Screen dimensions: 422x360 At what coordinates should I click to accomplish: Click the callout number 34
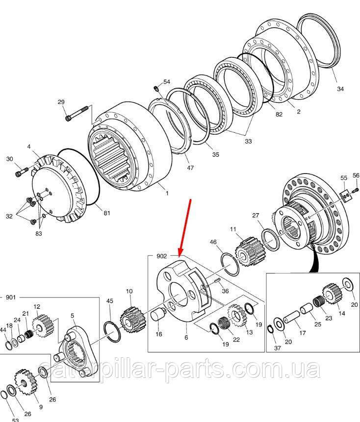click(x=340, y=89)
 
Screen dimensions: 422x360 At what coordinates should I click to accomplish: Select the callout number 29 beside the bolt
click(x=61, y=102)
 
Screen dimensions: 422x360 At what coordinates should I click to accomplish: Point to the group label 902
click(x=162, y=256)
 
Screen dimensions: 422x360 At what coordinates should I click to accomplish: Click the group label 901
click(x=11, y=297)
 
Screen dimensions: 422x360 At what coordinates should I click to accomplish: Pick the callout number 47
click(x=190, y=168)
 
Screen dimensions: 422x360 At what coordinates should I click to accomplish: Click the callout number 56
click(x=356, y=175)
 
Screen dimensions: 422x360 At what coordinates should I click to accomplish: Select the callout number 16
click(x=158, y=334)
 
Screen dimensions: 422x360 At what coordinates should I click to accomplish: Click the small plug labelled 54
click(x=156, y=88)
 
